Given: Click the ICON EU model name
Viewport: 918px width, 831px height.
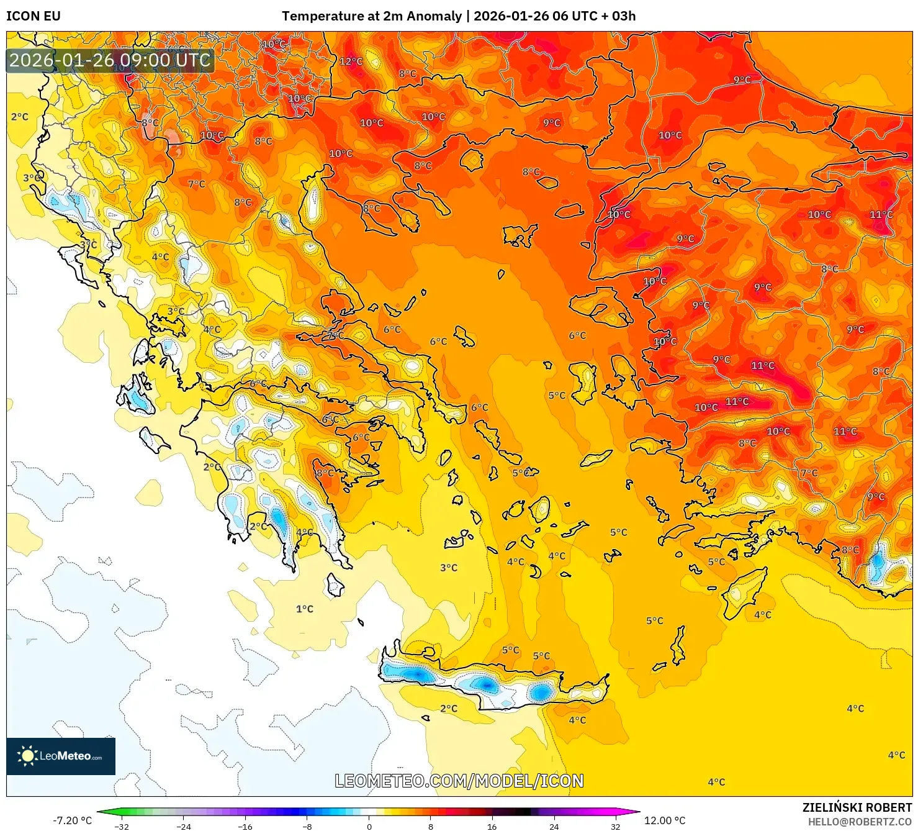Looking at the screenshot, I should point(34,16).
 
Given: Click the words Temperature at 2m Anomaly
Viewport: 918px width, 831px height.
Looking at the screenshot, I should point(371,16).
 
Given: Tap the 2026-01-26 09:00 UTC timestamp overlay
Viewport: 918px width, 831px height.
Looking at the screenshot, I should point(110,60).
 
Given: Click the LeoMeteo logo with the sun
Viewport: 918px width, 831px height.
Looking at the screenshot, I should point(61,756).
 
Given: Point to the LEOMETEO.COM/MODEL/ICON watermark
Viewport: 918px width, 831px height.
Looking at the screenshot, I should point(459,781).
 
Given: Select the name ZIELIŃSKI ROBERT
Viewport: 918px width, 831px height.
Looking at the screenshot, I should point(857,807).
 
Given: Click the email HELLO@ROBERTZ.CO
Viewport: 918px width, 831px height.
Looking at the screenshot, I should point(859,822).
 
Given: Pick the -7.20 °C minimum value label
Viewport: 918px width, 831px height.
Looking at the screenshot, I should point(72,820).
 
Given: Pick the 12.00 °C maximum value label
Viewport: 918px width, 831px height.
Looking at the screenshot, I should point(665,820).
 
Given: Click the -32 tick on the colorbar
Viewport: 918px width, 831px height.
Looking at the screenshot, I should point(122,826).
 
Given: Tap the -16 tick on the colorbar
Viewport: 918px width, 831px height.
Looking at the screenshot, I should point(245,826).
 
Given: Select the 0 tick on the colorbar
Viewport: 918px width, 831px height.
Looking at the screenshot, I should point(369,826).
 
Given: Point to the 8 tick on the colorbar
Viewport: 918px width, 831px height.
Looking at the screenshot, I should point(431,826).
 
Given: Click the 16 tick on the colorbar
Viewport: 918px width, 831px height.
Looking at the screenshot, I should point(492,826).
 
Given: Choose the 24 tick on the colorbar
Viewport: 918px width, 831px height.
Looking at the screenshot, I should point(554,826).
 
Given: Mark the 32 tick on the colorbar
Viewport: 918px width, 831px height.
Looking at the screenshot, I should point(615,826).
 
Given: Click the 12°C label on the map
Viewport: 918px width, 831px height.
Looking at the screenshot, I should point(351,61).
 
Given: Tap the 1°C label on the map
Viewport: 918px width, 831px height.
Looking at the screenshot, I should point(304,609).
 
